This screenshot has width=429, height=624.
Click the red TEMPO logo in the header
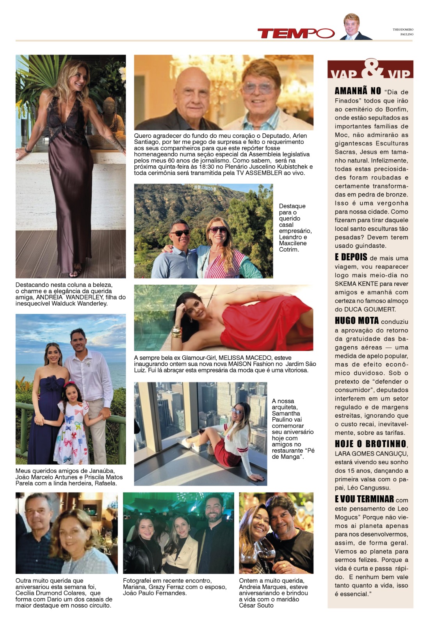tap(295, 34)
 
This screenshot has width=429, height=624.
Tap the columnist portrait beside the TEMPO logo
tap(354, 27)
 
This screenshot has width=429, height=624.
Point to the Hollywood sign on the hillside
tap(205, 189)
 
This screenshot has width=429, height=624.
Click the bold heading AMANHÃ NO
tap(358, 91)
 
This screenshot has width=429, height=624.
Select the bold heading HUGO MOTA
tap(356, 321)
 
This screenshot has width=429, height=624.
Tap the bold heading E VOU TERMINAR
tap(364, 499)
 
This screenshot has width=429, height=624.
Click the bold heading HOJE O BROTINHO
tap(370, 444)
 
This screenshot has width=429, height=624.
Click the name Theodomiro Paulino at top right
tap(403, 32)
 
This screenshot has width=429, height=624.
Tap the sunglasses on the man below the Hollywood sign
tap(180, 233)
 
